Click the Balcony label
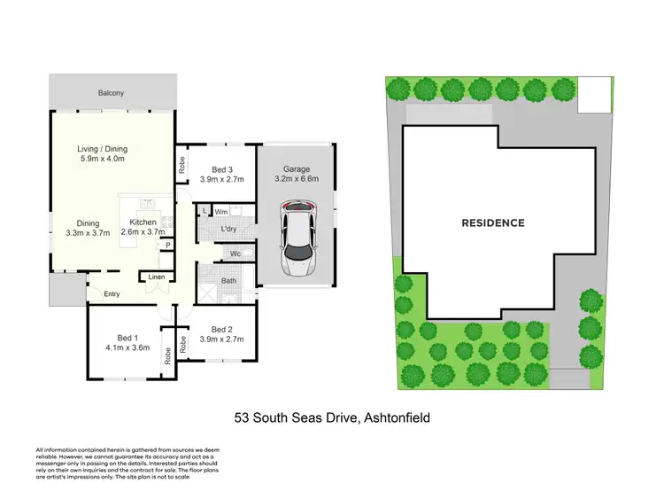(112, 92)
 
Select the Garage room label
(297, 170)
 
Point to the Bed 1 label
(127, 338)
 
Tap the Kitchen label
(143, 222)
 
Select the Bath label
(228, 282)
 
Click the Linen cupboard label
(156, 277)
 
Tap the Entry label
(112, 294)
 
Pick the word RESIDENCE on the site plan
(492, 223)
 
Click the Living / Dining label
(106, 149)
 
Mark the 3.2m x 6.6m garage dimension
(297, 180)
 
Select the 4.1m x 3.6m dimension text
(127, 348)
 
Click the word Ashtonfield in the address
(395, 416)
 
